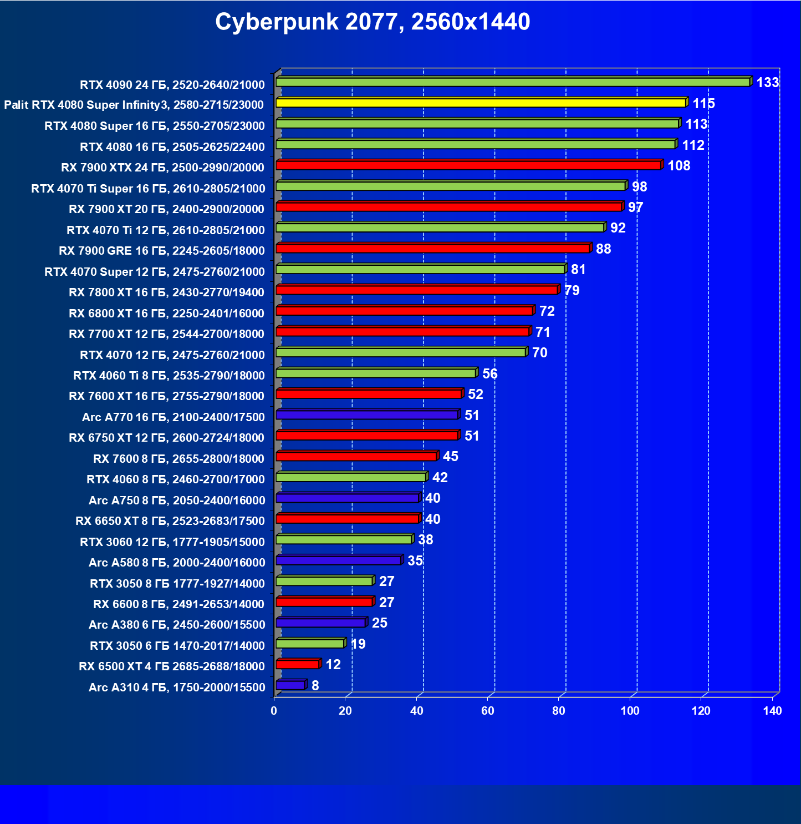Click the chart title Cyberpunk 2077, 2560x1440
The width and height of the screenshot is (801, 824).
373,22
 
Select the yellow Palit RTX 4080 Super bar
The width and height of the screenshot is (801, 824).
481,103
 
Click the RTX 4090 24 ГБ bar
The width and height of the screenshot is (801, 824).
513,82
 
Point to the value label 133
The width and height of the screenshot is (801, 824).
768,83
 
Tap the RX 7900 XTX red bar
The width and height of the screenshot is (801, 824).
468,165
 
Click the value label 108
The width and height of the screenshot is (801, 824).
678,166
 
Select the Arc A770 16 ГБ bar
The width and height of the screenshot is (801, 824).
367,415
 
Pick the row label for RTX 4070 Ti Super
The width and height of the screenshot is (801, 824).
148,189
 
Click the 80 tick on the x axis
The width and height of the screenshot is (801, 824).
559,711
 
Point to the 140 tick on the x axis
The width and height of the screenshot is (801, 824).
772,711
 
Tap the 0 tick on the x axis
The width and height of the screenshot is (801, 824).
274,711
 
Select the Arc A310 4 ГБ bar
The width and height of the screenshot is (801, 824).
290,685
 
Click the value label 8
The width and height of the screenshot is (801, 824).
315,686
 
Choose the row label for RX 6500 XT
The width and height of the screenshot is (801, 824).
171,666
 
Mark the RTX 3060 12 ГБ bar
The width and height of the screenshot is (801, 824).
344,539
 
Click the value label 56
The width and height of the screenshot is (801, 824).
489,374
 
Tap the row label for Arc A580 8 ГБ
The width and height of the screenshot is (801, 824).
177,563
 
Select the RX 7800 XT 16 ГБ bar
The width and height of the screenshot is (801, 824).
417,290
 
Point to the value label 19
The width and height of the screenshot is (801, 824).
358,644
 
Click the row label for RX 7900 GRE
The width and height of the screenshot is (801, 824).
161,251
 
